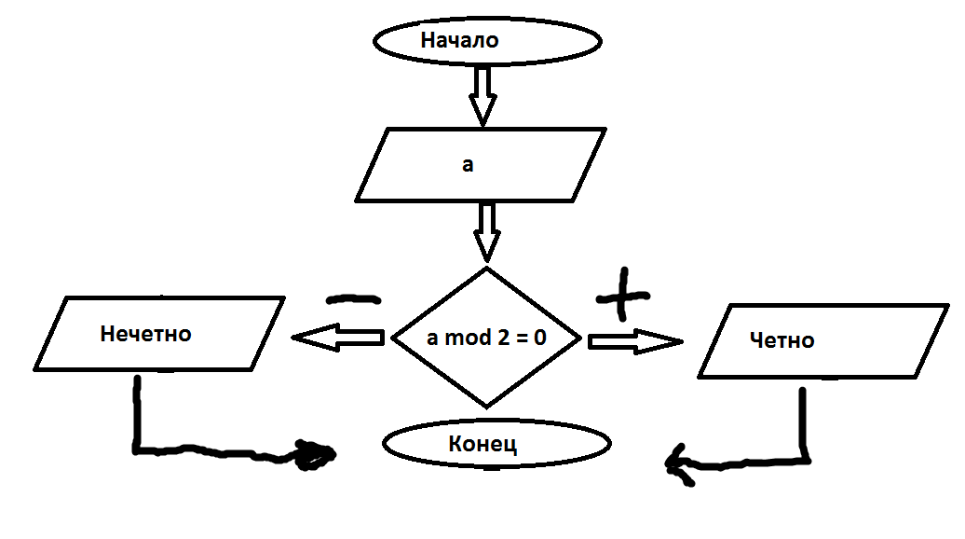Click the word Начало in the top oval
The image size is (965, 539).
point(460,41)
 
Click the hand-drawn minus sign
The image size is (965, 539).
point(353,299)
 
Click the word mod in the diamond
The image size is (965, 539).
point(466,338)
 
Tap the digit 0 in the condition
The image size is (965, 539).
point(538,338)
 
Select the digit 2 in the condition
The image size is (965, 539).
point(497,338)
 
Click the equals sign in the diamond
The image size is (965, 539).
point(518,338)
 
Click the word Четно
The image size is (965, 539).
point(782,340)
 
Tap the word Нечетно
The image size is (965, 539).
point(145,333)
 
